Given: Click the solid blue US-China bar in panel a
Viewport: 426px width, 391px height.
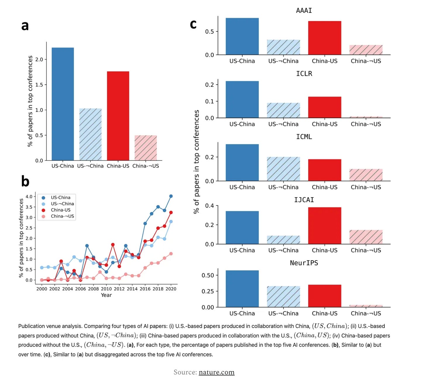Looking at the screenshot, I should pos(63,104).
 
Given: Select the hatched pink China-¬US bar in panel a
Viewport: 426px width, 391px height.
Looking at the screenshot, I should pos(146,148).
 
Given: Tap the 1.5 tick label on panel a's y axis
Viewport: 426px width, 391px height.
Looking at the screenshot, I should pos(39,85).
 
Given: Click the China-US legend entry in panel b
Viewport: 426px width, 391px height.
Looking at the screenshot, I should pos(60,210).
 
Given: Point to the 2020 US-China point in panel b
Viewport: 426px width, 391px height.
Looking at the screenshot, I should pos(171,196).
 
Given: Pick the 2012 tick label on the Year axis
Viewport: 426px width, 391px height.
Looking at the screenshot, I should pos(119,289).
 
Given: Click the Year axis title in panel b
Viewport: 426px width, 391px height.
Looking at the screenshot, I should pos(106,295).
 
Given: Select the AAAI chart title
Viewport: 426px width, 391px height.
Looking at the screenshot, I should pos(304,11).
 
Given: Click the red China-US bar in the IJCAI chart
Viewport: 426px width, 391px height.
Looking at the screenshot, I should pos(324,225).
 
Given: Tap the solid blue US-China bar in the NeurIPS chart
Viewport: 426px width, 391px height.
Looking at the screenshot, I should pos(242,289).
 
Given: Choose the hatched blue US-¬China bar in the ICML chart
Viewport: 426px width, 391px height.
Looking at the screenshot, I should pos(283,169).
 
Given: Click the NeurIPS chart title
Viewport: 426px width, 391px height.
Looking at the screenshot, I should pos(304,263).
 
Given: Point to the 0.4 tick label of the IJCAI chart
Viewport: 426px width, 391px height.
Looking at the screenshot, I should pos(209,206).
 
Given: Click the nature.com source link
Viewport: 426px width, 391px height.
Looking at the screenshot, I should pos(217,372).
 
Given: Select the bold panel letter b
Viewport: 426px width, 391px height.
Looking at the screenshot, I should pos(25,181).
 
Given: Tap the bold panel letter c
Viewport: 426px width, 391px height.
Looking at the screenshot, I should pos(193,24).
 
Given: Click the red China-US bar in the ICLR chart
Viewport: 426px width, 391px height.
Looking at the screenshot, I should pos(324,107).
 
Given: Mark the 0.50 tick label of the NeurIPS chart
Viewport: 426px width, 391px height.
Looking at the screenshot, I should pos(208,275).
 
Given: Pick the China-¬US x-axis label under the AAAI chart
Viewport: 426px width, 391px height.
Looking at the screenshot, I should pos(366,61).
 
